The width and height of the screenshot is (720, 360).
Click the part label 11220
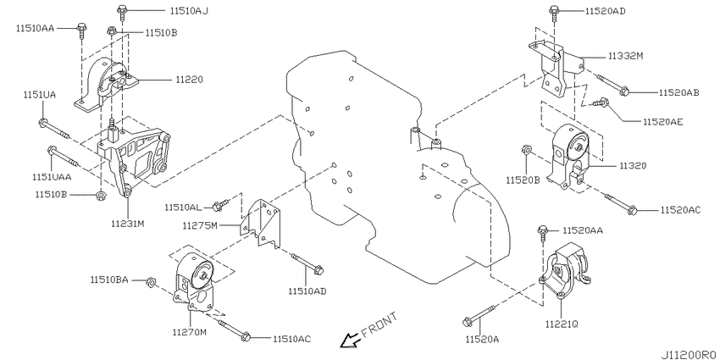[190, 80]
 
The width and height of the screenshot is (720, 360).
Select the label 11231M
[128, 224]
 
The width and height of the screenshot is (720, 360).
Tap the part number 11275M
[200, 225]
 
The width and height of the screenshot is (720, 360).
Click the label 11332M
[625, 56]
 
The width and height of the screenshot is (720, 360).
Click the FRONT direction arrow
[347, 341]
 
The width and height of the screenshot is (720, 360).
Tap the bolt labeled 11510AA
[81, 30]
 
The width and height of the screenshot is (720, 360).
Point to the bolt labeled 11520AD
[555, 13]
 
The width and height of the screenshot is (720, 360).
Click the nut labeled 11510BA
[151, 281]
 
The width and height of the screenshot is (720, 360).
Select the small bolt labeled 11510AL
[220, 205]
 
